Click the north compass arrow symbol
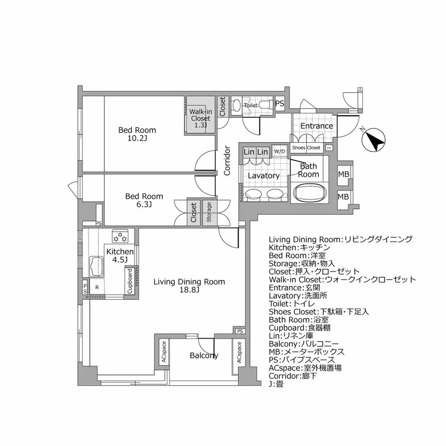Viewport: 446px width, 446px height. (375, 140)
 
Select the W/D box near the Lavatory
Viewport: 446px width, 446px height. (279, 151)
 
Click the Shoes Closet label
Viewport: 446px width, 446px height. (306, 148)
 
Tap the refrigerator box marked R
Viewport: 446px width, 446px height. (97, 288)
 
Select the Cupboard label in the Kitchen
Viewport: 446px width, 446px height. (130, 281)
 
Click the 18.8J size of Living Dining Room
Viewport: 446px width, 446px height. (189, 290)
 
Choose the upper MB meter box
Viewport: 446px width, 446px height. (343, 175)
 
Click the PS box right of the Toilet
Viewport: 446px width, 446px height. (280, 103)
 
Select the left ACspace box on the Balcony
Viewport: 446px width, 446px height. (164, 352)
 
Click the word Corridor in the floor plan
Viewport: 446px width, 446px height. (227, 161)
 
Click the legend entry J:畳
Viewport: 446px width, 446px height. (276, 384)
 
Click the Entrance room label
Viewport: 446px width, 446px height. (316, 126)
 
